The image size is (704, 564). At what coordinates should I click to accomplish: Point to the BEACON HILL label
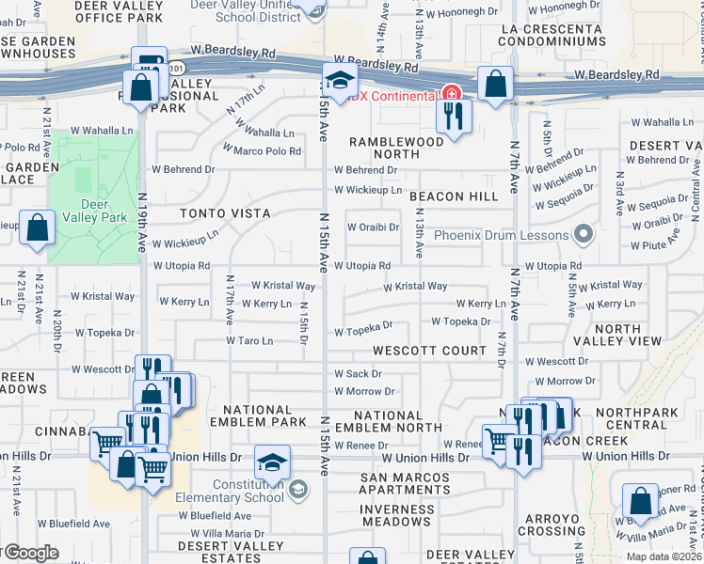click(x=454, y=196)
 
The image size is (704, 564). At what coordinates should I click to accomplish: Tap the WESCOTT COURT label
click(x=429, y=351)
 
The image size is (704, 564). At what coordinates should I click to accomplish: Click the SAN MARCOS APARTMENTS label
click(x=406, y=483)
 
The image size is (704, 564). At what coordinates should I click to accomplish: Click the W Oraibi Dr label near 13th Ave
click(x=374, y=227)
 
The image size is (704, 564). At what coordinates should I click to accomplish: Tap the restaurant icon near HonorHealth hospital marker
click(x=454, y=116)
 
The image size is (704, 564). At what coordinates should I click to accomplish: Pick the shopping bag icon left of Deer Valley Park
click(x=37, y=228)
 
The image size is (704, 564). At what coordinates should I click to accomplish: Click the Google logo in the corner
click(x=30, y=553)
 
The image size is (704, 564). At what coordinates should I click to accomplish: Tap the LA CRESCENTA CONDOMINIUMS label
click(x=553, y=36)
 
